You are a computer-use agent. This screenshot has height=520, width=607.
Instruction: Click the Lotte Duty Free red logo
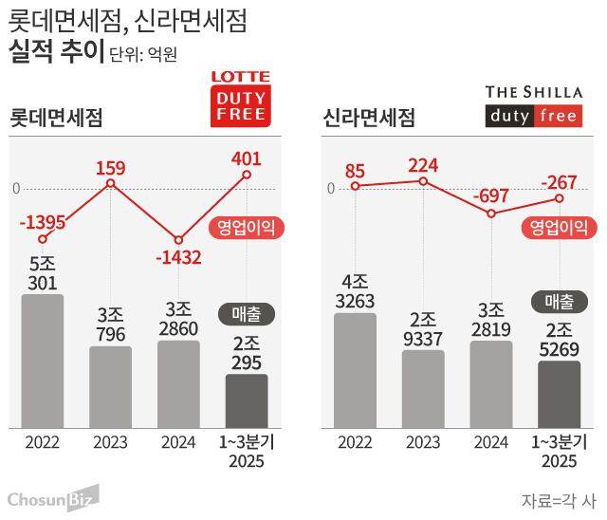[x=239, y=98]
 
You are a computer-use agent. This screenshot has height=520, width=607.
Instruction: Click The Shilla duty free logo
[x=535, y=105]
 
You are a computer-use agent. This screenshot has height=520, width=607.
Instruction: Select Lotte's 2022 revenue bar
[x=43, y=361]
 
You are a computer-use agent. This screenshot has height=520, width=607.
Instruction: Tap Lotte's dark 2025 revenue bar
[x=247, y=400]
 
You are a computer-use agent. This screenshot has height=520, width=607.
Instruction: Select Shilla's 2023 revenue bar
[x=423, y=389]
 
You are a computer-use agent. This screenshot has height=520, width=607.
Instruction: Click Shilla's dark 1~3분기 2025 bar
[x=559, y=394]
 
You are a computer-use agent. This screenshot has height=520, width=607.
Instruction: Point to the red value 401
[x=246, y=158]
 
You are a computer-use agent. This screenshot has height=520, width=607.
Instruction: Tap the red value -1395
[x=43, y=222]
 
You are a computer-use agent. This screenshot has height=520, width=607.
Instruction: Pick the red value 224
[x=423, y=165]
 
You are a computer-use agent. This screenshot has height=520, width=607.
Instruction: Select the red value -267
[x=559, y=180]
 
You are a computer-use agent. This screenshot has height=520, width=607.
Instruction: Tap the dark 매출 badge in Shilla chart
[x=559, y=303]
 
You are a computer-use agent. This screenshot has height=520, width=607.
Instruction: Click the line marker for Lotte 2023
[x=111, y=182]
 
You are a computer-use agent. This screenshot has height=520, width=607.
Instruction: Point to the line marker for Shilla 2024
[x=491, y=214]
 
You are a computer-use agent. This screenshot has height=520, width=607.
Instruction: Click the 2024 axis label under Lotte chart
[x=178, y=442]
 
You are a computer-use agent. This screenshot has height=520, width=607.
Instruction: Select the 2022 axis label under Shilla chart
[x=355, y=442]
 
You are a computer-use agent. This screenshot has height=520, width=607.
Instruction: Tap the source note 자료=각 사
[x=560, y=499]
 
